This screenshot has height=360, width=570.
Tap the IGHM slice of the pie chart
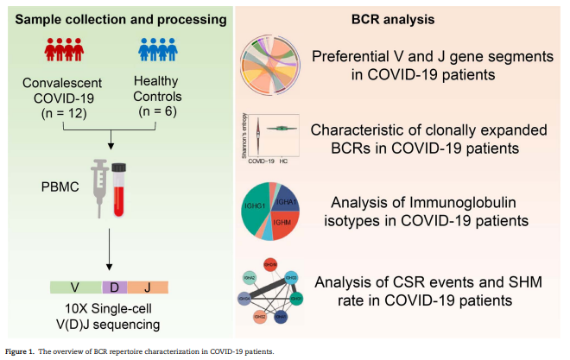pos(286,223)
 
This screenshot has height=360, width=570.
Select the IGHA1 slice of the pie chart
pos(287,202)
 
